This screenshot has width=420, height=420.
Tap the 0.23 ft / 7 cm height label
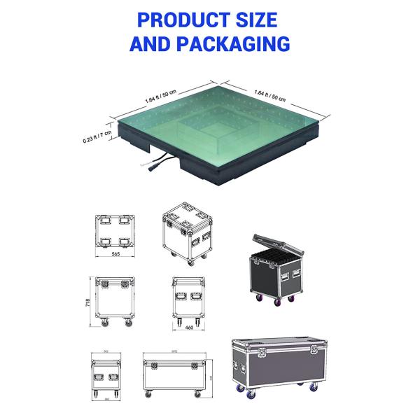pos(97,137)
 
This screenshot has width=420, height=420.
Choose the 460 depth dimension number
pos(187,327)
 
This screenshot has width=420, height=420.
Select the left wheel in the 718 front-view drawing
pos(102,323)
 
